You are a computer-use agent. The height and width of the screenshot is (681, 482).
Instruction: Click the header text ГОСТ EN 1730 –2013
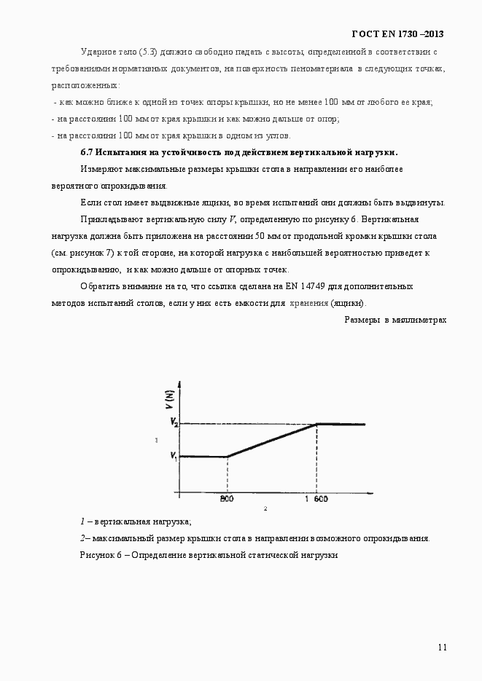coord(398,34)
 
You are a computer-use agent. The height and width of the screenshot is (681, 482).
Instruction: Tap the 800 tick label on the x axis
coord(227,500)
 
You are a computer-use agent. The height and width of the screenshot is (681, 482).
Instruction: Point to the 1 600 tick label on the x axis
coord(316,500)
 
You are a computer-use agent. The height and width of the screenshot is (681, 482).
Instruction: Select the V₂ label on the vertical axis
coord(174,422)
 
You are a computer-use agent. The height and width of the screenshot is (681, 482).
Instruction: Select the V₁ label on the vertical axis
coord(174,456)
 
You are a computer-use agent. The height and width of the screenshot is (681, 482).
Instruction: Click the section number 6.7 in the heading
coord(86,152)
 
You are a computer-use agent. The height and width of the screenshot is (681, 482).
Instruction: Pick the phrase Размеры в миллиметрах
coord(395,319)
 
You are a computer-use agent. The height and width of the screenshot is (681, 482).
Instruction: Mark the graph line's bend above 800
coord(227,457)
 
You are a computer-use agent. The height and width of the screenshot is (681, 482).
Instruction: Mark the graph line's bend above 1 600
coord(316,424)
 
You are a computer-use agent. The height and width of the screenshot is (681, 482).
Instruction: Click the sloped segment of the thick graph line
coord(271,441)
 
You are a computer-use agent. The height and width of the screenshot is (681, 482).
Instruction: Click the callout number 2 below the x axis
coord(265,508)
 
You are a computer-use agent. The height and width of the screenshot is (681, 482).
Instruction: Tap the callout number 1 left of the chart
coord(156,440)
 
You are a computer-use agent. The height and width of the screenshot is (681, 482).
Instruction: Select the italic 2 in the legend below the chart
coord(82,538)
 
